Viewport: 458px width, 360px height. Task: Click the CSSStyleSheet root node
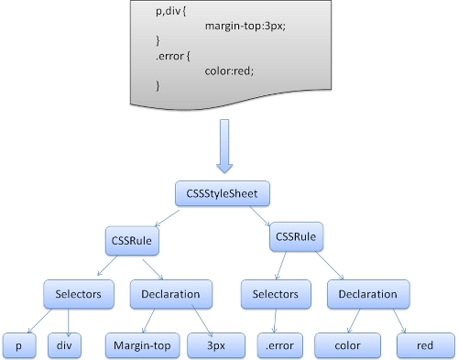pyautogui.click(x=223, y=194)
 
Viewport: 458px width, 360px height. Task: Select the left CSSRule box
pyautogui.click(x=132, y=242)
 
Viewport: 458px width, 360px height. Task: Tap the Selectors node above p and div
pyautogui.click(x=80, y=295)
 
